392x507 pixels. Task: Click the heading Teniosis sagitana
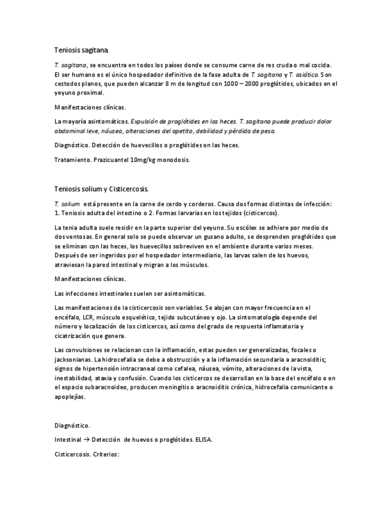click(81, 51)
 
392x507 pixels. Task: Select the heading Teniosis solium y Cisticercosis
click(101, 190)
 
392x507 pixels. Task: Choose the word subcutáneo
click(187, 317)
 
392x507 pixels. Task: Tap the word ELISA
click(202, 440)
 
